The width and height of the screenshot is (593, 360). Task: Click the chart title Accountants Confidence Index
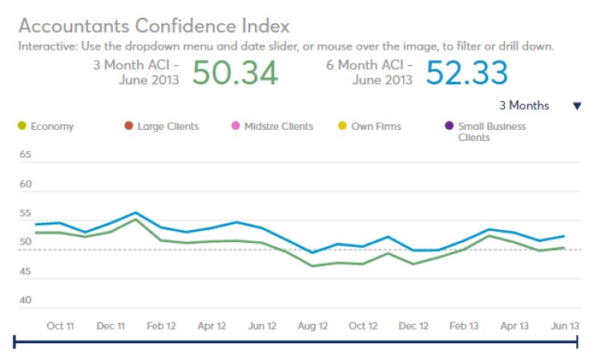coord(154,26)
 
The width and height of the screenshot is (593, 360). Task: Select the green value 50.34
coord(235,73)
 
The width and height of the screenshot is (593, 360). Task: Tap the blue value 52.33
coord(466,73)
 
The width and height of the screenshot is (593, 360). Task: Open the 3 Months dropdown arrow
coord(576,106)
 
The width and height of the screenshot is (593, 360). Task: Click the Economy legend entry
coord(46,127)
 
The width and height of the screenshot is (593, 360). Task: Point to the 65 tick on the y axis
coord(25,155)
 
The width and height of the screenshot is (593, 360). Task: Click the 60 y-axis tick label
coord(25,184)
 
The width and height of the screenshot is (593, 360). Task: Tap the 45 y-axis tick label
coord(25,272)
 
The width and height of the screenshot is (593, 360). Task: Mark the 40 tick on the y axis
coord(25,301)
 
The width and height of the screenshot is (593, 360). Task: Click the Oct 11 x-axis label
coord(60,326)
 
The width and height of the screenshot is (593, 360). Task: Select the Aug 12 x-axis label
coord(313,326)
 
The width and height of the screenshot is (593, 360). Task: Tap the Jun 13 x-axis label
coord(565,326)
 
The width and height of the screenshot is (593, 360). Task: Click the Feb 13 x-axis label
coord(464,326)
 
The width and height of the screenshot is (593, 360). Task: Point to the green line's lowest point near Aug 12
coord(313,265)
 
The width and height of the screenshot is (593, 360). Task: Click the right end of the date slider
coord(577,342)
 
